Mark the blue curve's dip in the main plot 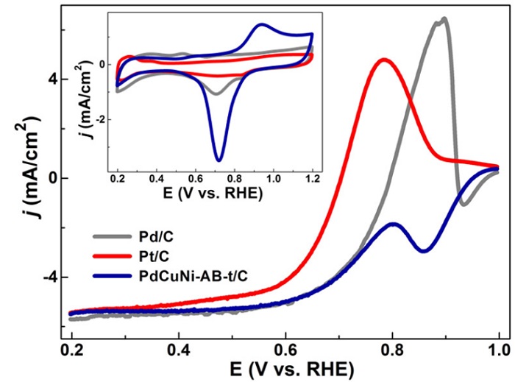click(x=423, y=251)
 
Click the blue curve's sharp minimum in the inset click(x=219, y=159)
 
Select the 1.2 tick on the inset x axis click(x=313, y=179)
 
